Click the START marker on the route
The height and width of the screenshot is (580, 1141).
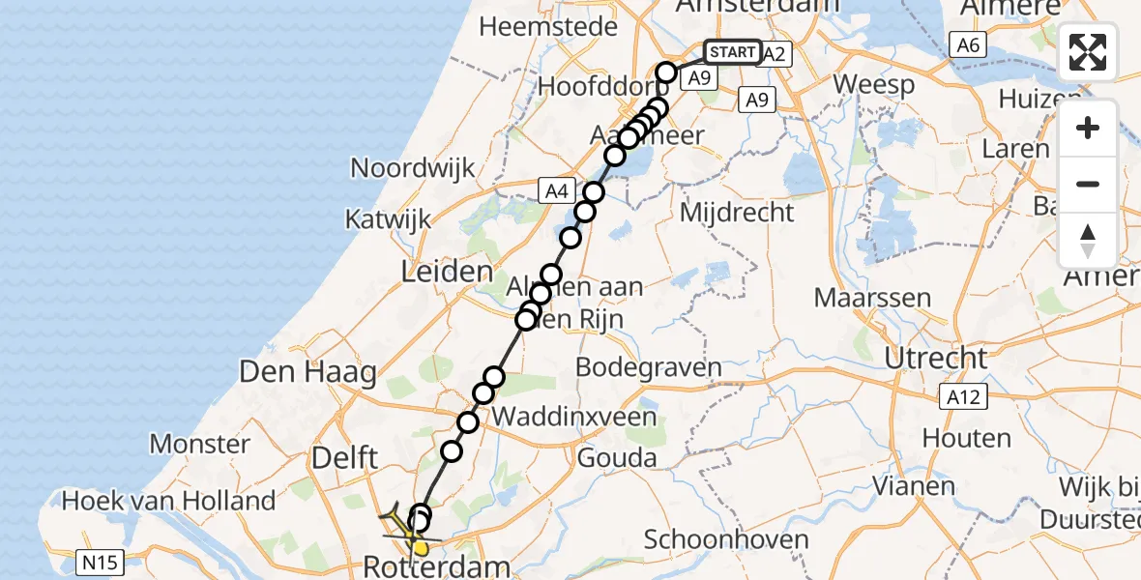pos(732,51)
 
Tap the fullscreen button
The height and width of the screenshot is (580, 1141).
pos(1088,52)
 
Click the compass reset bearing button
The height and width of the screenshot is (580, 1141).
pos(1088,240)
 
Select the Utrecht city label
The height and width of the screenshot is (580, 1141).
pos(935,358)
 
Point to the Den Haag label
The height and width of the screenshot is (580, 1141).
pos(308,372)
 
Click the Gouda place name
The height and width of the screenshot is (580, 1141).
pos(616,458)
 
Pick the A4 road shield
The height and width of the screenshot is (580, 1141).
pos(556,190)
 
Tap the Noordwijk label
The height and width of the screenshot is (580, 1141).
pos(413,168)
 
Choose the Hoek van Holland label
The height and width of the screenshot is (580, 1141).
pos(169,501)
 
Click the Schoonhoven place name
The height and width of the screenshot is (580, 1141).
pos(714,538)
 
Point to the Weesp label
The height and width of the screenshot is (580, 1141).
pos(874,85)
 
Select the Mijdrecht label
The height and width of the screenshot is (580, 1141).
pos(738,213)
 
